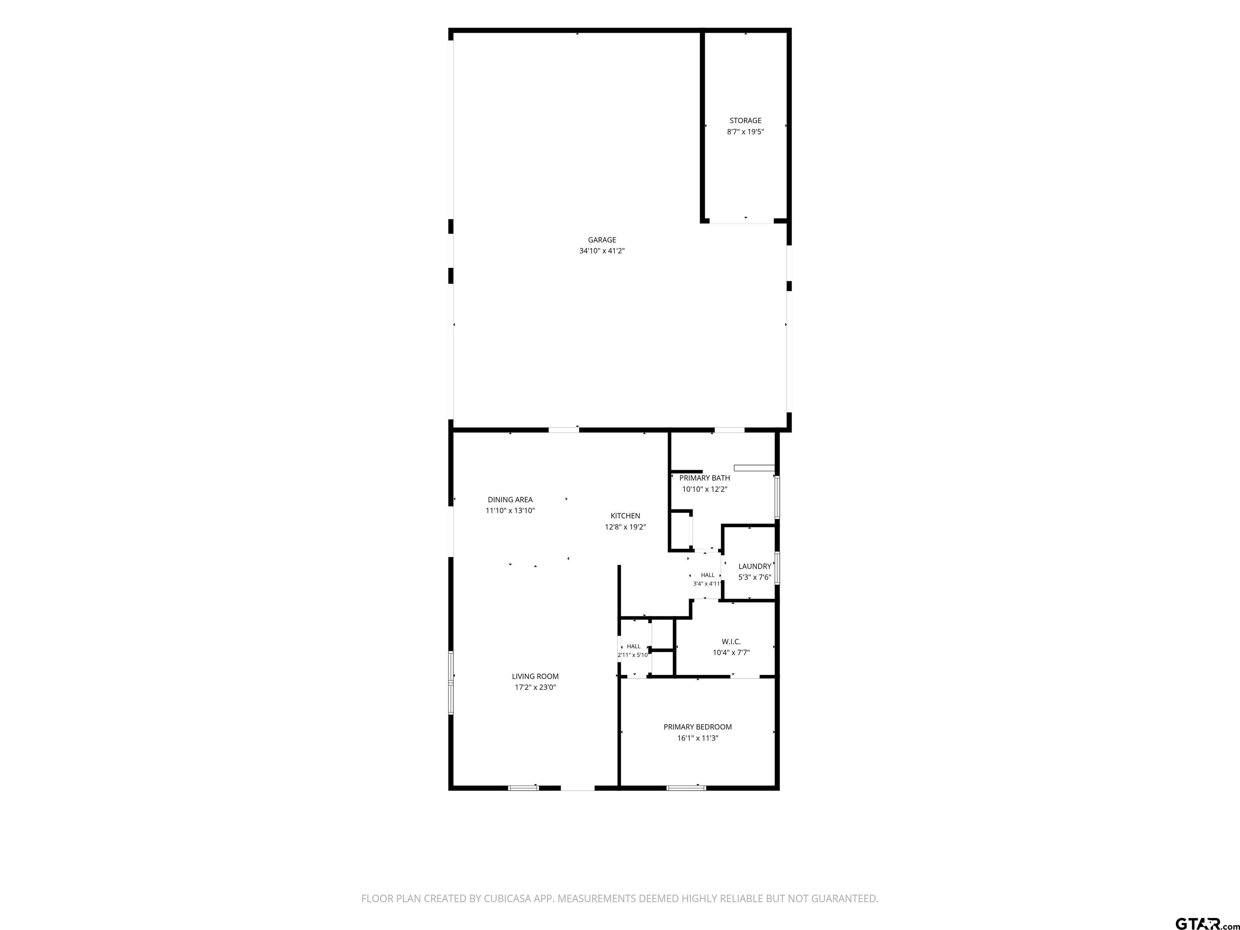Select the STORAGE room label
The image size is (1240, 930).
tap(745, 121)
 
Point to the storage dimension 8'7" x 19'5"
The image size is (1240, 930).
tap(745, 132)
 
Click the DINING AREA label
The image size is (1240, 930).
tap(510, 499)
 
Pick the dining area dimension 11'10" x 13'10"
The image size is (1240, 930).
tap(510, 511)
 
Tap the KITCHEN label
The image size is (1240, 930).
tap(625, 516)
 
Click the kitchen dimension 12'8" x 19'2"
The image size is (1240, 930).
tap(625, 527)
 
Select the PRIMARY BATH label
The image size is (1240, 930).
tap(705, 478)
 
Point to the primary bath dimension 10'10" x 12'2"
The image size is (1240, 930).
tap(705, 489)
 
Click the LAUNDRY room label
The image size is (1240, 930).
tap(754, 566)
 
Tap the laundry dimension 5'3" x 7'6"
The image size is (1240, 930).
tap(754, 577)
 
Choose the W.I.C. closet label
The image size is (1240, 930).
tap(731, 641)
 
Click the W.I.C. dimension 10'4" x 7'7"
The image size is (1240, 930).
tap(731, 653)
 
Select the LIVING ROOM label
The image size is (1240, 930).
tap(535, 677)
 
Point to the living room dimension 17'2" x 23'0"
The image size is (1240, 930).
tap(535, 687)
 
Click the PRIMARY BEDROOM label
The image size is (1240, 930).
tap(697, 727)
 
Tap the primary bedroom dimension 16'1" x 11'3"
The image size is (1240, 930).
tap(697, 738)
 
